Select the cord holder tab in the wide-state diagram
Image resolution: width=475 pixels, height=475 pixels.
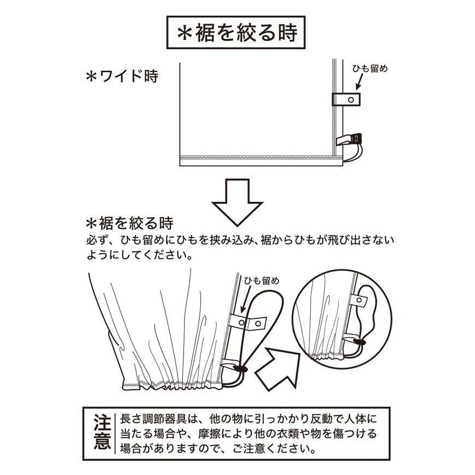[347, 99]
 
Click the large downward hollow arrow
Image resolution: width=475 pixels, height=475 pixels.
[237, 201]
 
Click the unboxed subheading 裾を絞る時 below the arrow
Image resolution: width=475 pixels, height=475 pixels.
[130, 223]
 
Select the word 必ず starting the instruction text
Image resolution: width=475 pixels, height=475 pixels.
[95, 240]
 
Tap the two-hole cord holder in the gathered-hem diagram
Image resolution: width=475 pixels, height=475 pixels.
[248, 323]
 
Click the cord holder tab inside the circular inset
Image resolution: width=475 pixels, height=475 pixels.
[358, 300]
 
